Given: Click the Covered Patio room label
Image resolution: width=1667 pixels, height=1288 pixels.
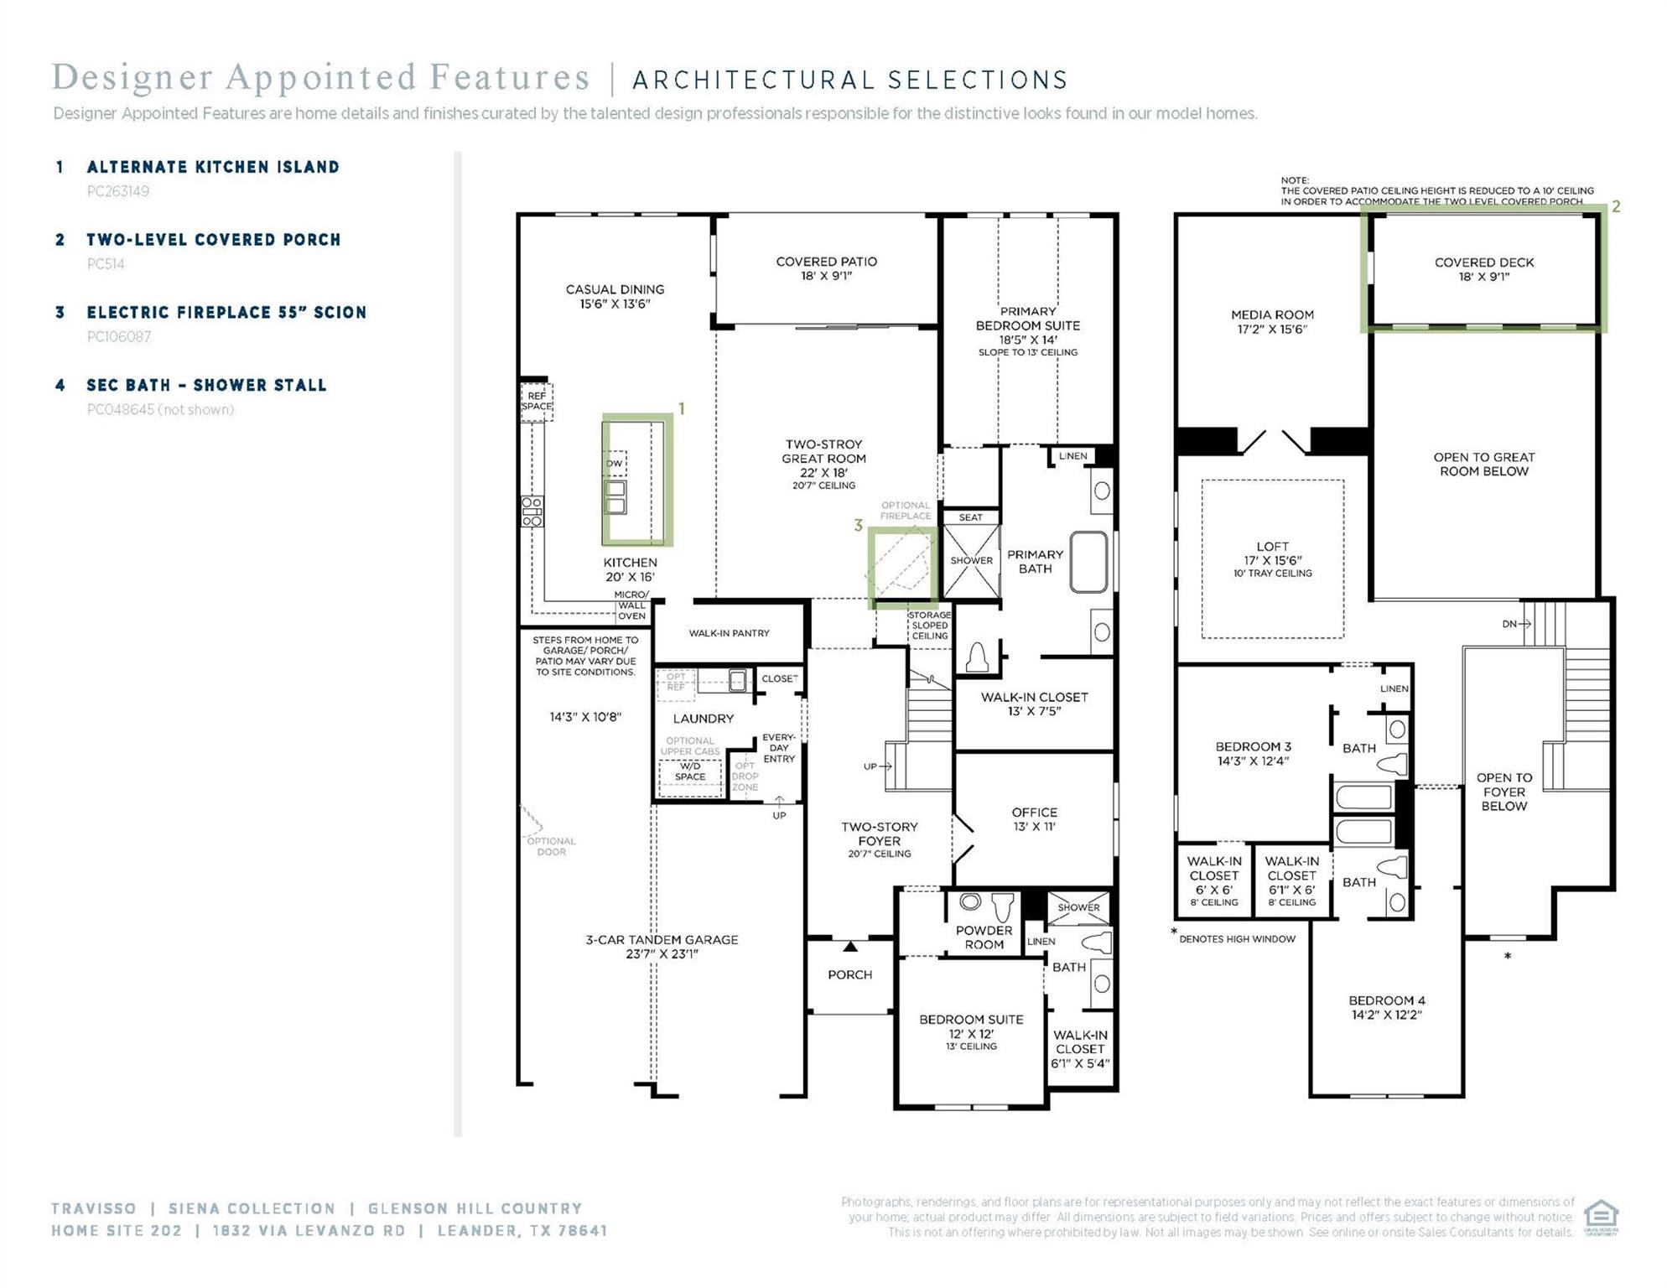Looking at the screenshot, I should [826, 268].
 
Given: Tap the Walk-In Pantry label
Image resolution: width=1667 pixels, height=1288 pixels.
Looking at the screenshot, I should [729, 633].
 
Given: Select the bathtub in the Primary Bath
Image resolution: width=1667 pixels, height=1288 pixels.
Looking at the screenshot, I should [1088, 562].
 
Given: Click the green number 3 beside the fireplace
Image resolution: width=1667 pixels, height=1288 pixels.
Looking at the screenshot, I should [858, 526].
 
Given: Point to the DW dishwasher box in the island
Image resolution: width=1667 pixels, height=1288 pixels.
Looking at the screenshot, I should [615, 463].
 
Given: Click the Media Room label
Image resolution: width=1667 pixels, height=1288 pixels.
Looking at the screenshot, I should [1272, 321].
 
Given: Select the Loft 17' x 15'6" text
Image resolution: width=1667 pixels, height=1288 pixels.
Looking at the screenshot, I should [1272, 553].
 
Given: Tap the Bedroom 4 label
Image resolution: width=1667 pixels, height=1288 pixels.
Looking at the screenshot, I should [1386, 1007].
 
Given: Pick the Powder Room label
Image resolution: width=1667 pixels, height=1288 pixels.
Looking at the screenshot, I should [984, 937].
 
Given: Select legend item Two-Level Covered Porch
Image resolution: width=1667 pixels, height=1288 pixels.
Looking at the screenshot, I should [214, 240].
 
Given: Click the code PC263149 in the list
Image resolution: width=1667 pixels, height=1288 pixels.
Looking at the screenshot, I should [118, 191].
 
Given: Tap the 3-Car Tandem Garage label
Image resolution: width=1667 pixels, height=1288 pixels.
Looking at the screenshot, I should [662, 946].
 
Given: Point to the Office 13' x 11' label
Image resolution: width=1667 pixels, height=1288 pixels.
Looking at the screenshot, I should [1034, 818].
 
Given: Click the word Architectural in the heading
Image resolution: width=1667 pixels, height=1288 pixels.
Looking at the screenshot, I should [751, 80].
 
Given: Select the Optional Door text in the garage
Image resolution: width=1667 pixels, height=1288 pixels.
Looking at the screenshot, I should [551, 846].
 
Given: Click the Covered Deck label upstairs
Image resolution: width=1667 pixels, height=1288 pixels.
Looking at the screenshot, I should [1483, 269].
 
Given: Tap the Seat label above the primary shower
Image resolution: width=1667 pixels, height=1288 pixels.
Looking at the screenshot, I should [970, 517].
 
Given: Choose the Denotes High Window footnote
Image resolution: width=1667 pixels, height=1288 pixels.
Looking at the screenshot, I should [1237, 938].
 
